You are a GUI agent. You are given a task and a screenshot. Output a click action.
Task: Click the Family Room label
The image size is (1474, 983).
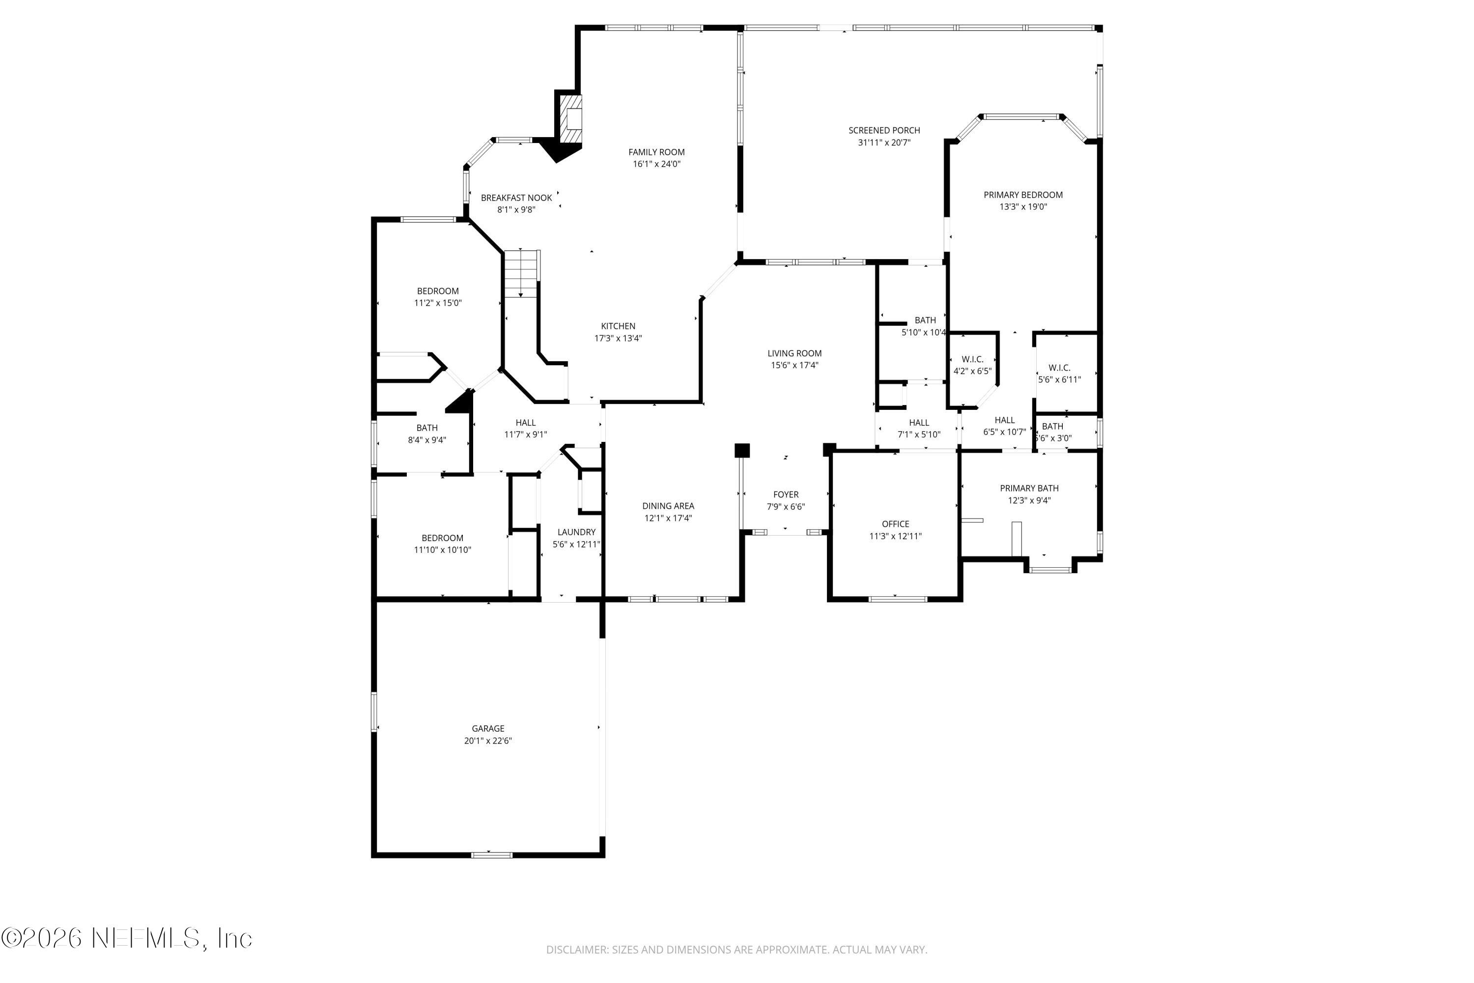coord(656,152)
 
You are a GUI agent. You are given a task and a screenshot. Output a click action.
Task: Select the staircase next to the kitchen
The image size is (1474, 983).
coord(522,274)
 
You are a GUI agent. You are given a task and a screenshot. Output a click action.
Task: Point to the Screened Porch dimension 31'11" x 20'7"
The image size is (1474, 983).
coord(883,143)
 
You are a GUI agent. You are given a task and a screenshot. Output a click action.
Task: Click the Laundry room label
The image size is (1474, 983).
coord(576,532)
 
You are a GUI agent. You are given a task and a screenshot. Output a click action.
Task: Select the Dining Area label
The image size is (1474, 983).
coord(668,506)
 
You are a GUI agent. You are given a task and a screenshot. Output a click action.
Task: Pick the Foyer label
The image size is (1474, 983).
coord(785,494)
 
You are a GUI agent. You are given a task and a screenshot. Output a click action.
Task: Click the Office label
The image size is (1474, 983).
coord(895,524)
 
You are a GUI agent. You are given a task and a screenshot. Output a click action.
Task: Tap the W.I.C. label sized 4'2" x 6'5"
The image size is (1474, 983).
coord(972,359)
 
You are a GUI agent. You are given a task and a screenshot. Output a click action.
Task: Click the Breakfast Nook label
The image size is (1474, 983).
coord(516,198)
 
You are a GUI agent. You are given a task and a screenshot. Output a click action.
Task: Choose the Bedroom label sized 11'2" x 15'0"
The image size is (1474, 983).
coord(437,291)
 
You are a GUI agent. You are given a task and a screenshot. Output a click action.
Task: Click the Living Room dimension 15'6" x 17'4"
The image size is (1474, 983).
coord(794,365)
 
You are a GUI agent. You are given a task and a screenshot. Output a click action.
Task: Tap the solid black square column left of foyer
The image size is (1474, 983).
coord(741,450)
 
